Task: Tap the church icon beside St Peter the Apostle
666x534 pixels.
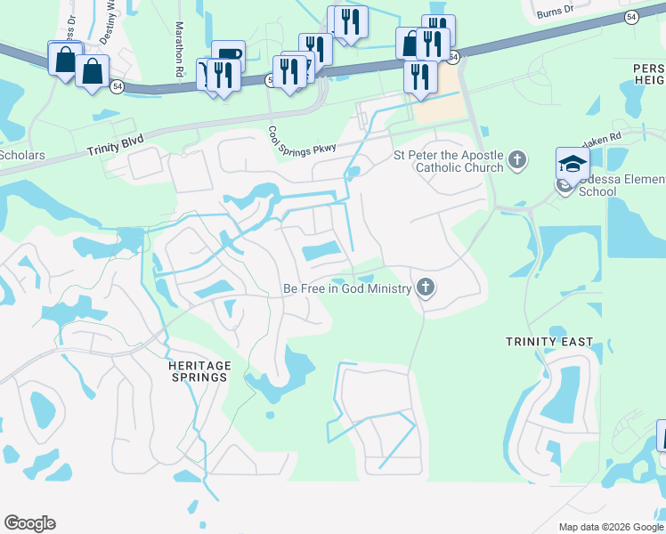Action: pyautogui.click(x=517, y=161)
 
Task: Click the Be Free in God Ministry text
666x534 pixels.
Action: pyautogui.click(x=346, y=288)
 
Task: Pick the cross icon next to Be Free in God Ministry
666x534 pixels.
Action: pyautogui.click(x=426, y=287)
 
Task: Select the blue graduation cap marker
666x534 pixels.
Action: pyautogui.click(x=573, y=164)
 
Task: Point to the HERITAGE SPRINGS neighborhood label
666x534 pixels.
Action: pyautogui.click(x=199, y=371)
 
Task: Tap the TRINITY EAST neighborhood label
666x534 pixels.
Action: pyautogui.click(x=542, y=342)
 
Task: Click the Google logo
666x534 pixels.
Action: pyautogui.click(x=29, y=523)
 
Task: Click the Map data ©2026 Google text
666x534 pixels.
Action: pyautogui.click(x=610, y=527)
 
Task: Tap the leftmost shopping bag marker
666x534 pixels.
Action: pyautogui.click(x=66, y=60)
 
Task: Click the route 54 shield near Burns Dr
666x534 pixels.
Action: pyautogui.click(x=631, y=17)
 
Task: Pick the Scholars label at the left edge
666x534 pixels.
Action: pyautogui.click(x=21, y=155)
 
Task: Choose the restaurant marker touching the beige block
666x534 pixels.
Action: pyautogui.click(x=420, y=77)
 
